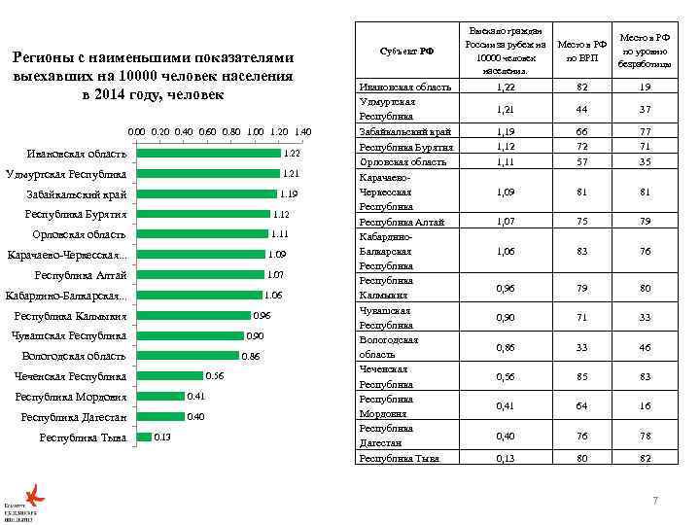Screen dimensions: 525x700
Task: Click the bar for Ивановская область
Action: click(x=208, y=154)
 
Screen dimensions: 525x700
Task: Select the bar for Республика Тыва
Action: click(x=144, y=437)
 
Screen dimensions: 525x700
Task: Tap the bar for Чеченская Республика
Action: click(x=169, y=376)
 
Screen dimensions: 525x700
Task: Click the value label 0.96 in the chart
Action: click(x=262, y=316)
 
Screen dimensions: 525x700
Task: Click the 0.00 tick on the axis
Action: click(x=137, y=131)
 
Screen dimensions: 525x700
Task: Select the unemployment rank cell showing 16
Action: click(x=643, y=405)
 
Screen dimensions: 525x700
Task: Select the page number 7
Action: click(x=655, y=501)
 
